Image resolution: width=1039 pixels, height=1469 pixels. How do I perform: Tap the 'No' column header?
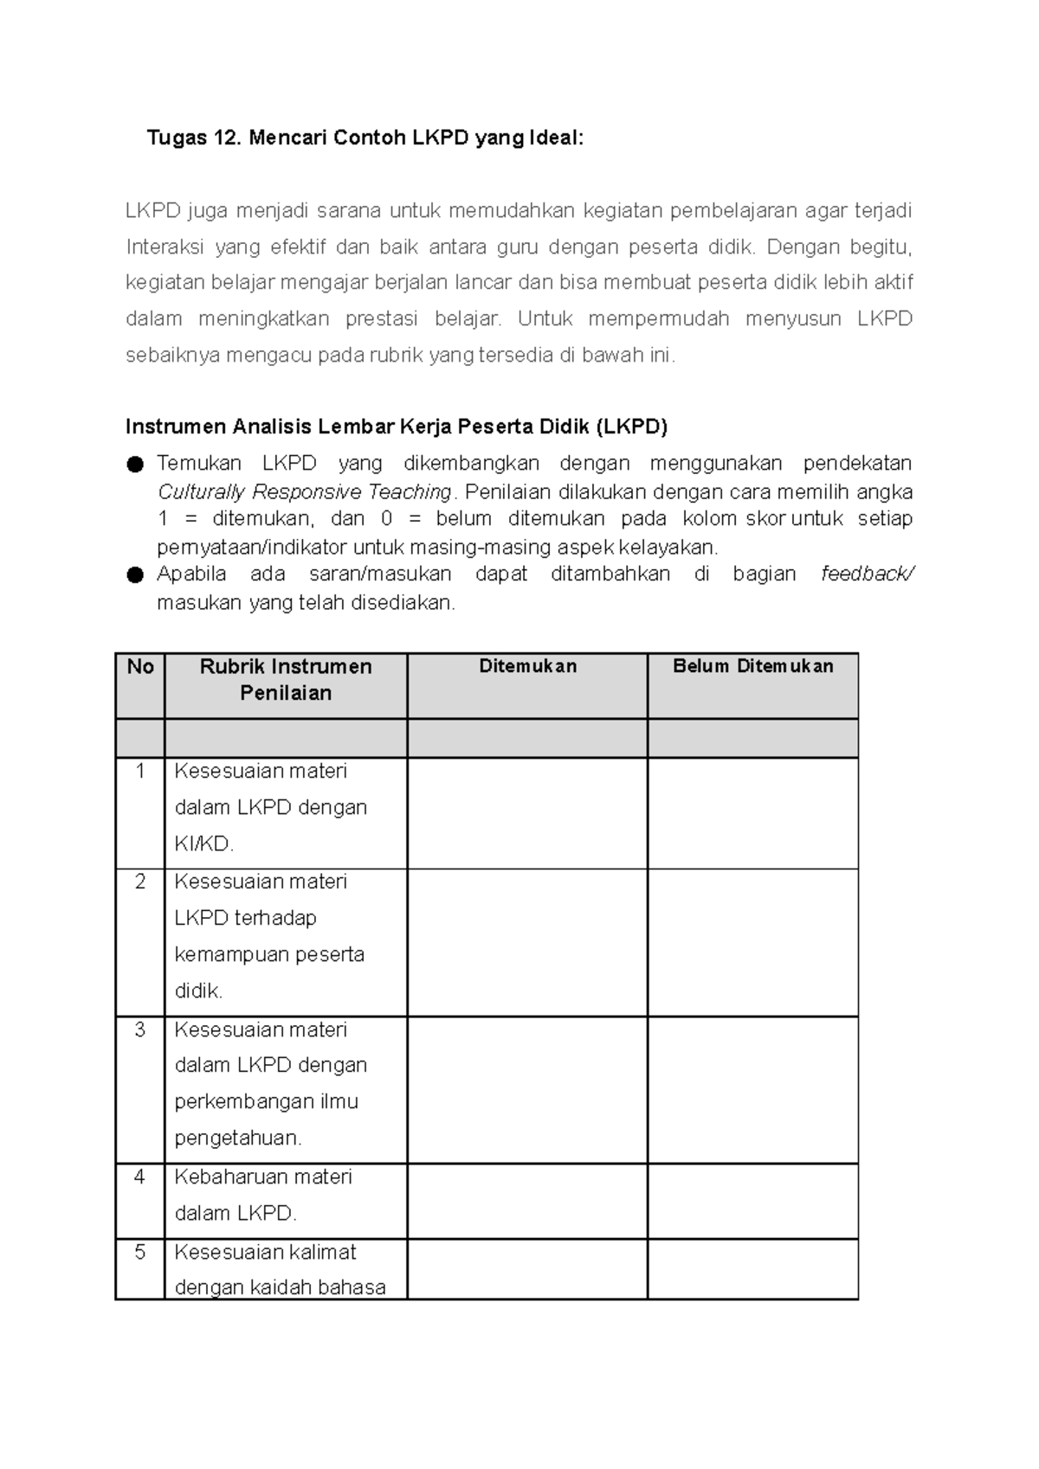[140, 667]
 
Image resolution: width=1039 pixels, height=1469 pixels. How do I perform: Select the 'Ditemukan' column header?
[527, 666]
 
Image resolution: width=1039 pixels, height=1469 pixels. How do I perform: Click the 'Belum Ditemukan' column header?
[752, 666]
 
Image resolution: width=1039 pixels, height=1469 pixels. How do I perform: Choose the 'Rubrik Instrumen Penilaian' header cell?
[286, 680]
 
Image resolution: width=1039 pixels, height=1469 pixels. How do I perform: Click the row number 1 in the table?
[140, 771]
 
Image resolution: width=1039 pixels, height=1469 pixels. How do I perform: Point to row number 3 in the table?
[140, 1030]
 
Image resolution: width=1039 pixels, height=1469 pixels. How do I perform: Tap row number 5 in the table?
[140, 1252]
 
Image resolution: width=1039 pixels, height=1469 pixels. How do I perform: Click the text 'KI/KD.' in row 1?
[204, 844]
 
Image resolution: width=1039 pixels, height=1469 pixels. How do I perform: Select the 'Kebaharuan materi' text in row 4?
[263, 1177]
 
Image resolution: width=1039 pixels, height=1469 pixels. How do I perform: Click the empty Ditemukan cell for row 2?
[527, 942]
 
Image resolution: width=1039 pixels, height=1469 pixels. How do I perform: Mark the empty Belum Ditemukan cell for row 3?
[752, 1089]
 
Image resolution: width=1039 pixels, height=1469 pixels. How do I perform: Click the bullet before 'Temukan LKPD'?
[135, 465]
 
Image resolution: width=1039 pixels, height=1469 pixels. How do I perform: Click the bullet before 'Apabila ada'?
[135, 575]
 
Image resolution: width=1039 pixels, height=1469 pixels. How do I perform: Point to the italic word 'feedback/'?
[867, 574]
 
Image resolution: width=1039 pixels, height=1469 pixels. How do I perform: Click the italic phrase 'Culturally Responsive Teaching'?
[305, 492]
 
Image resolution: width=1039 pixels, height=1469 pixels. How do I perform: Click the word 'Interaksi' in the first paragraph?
[165, 247]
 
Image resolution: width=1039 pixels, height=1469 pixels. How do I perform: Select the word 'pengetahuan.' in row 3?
[238, 1139]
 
